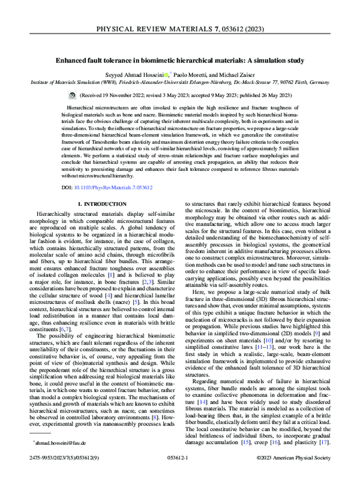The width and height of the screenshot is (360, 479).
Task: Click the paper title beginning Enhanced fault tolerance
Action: point(180,61)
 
